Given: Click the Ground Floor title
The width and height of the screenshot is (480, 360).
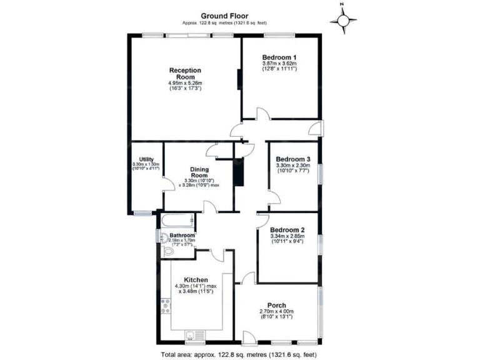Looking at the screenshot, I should [224, 16].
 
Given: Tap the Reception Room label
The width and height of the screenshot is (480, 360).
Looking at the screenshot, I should [184, 73].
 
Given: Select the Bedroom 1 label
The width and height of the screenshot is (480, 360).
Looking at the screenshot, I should [279, 57].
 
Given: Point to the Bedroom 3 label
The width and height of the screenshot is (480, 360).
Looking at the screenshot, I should [293, 159].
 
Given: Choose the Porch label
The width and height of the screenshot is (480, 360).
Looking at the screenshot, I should [276, 305].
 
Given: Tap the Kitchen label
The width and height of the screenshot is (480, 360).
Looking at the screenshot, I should [196, 279].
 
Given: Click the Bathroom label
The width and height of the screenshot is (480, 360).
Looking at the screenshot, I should [174, 236].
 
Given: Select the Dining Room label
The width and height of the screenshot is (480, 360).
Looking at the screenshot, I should [199, 173].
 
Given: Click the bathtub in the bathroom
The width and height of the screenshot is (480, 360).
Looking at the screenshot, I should [177, 220].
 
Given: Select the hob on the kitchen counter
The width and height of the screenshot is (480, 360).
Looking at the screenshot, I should [166, 306].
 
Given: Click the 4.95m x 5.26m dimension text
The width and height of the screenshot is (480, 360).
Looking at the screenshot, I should [186, 83].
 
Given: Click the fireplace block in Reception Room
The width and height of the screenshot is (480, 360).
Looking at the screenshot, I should [238, 82].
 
